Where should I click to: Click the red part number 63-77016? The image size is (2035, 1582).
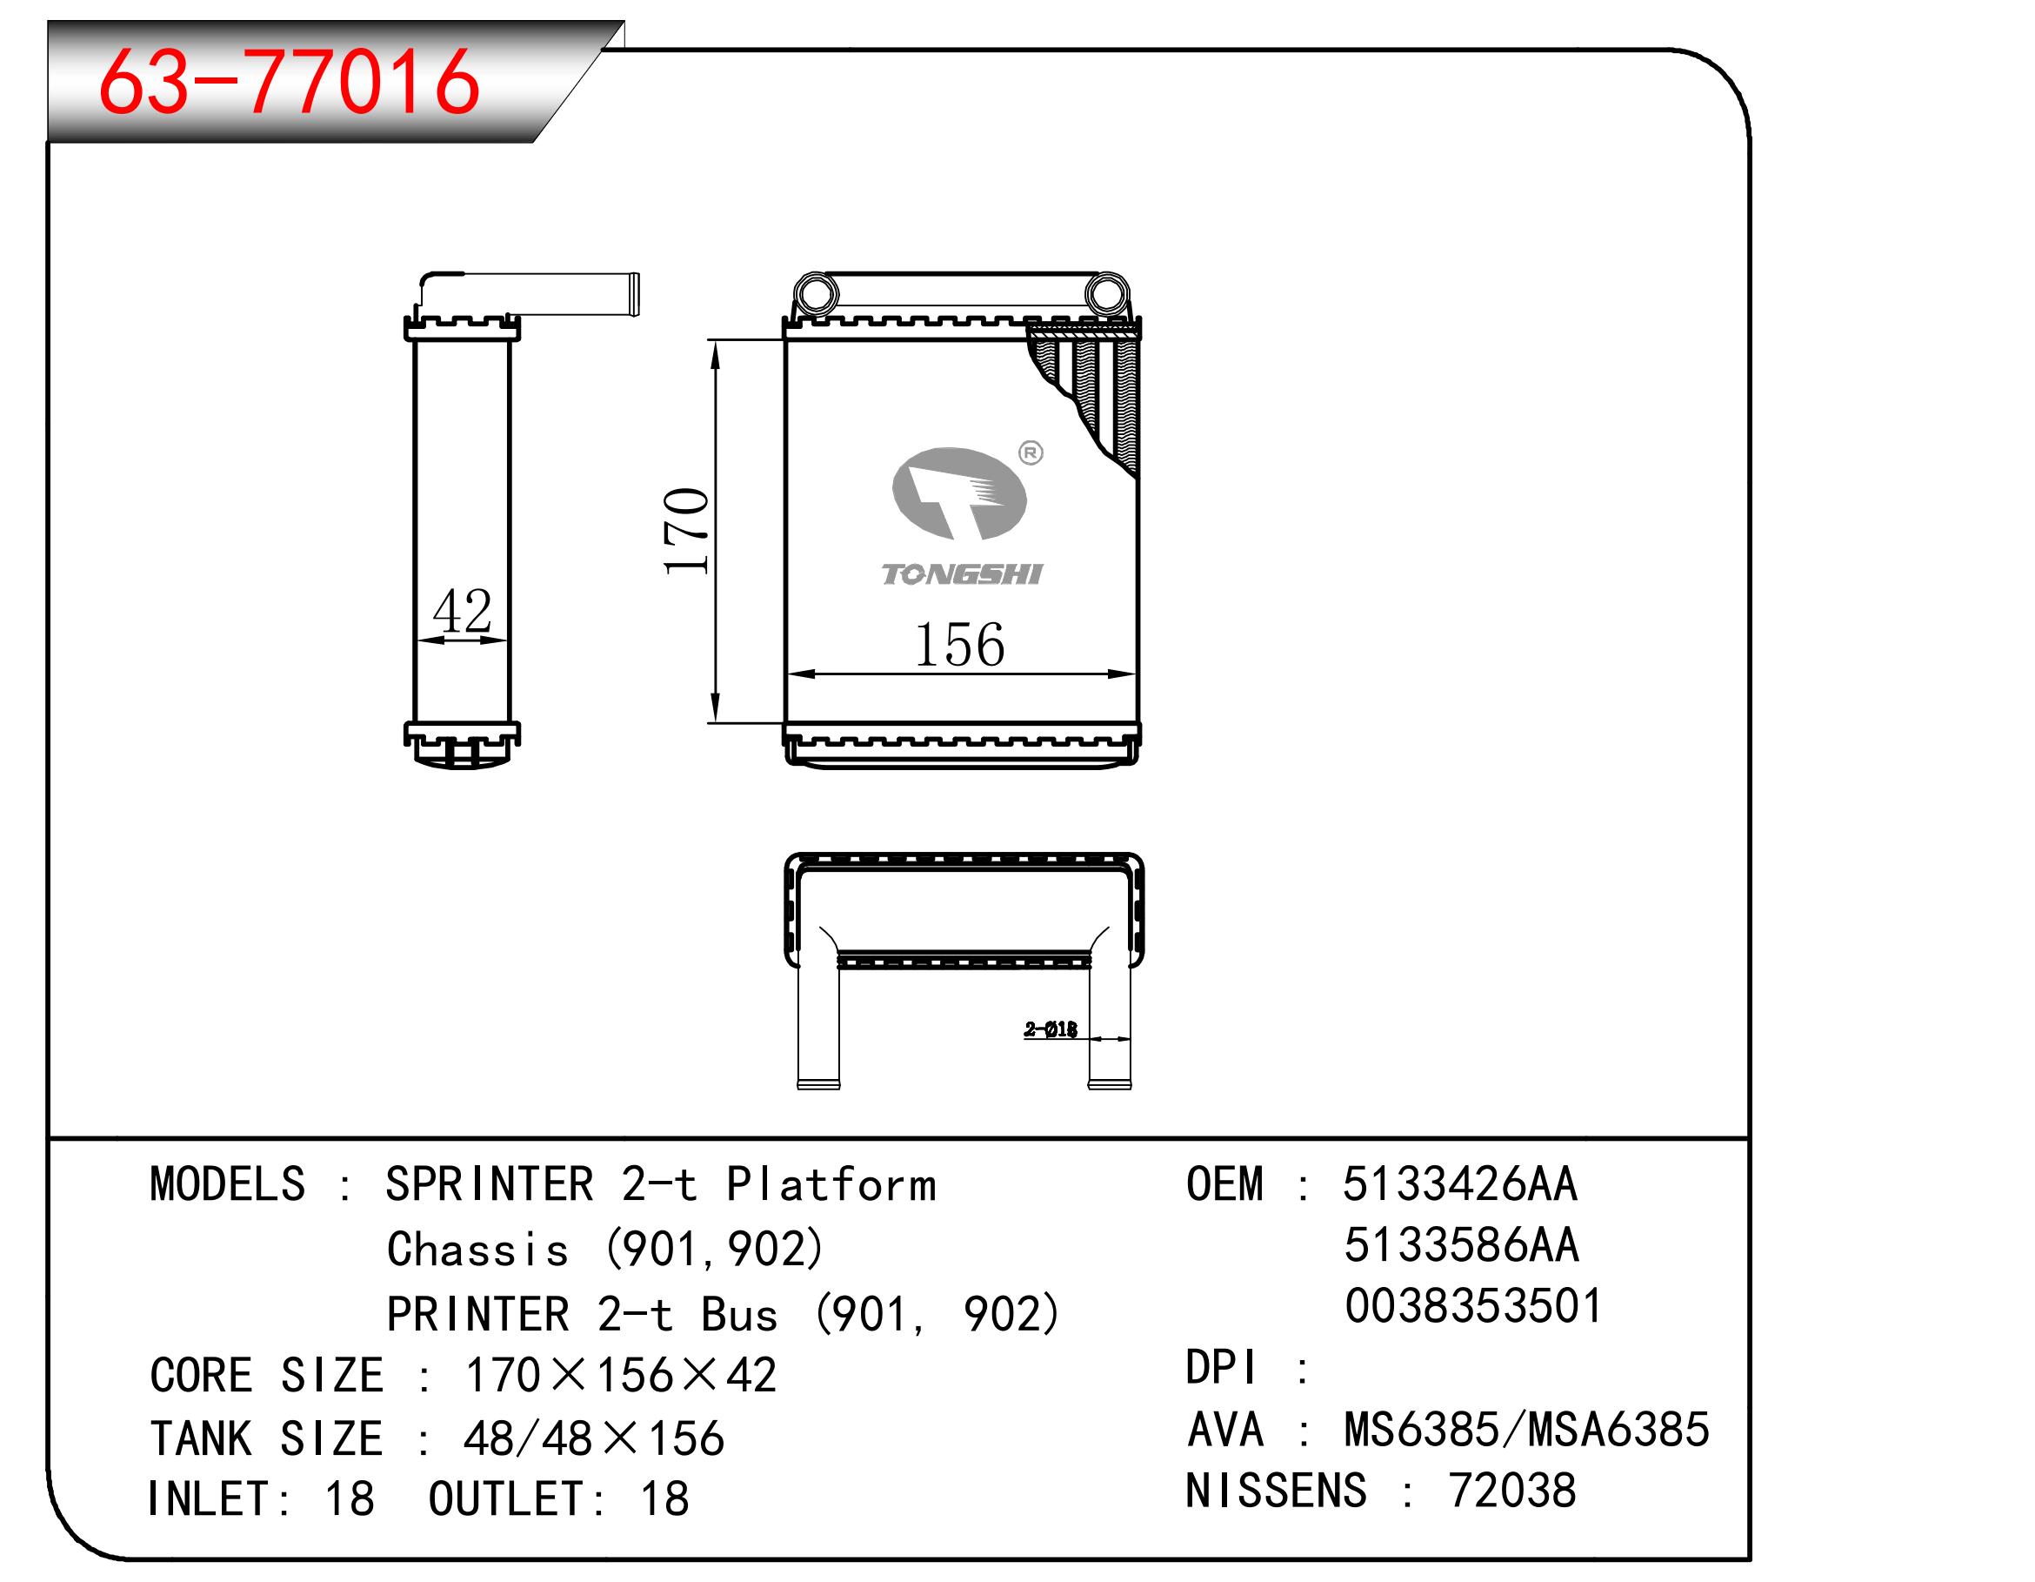coord(289,81)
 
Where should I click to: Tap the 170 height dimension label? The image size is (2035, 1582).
coord(687,531)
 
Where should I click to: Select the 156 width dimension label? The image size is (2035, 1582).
coord(960,644)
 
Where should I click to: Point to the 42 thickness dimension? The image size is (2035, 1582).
coord(462,611)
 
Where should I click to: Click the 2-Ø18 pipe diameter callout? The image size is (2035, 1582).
coord(1051,1029)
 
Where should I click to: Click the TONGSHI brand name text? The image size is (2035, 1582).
coord(962,574)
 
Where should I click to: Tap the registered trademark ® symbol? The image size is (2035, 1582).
coord(1031,453)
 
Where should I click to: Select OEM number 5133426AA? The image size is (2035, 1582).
coord(1460,1184)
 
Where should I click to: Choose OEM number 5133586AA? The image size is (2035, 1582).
coord(1461,1244)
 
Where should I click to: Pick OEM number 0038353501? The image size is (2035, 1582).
coord(1473,1305)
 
